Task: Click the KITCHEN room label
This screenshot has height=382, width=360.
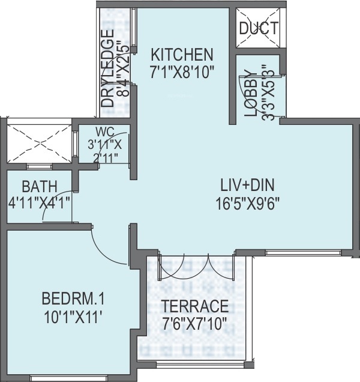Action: click(182, 55)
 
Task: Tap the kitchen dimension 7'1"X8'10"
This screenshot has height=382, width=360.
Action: click(182, 72)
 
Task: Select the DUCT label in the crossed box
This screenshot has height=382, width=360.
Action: click(259, 28)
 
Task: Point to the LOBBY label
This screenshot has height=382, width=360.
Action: click(251, 93)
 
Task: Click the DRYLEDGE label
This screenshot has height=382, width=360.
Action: click(107, 68)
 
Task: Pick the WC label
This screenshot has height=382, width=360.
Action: click(105, 132)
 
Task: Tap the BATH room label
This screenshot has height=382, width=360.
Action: click(40, 187)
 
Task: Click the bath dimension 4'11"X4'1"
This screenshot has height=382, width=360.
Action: click(39, 202)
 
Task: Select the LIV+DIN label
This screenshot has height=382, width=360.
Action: click(247, 185)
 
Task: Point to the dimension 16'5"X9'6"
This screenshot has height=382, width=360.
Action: click(247, 204)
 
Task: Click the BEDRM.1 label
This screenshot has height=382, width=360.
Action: click(73, 299)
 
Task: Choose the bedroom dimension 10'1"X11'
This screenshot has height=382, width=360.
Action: click(73, 317)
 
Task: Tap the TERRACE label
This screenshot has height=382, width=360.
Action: click(195, 306)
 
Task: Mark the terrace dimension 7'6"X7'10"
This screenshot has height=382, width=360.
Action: click(195, 324)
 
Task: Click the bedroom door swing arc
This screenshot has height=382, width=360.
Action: click(101, 253)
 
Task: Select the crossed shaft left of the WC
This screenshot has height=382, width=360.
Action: click(39, 144)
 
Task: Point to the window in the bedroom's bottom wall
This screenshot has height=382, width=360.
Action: click(68, 378)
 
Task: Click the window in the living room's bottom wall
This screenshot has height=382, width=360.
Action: click(303, 253)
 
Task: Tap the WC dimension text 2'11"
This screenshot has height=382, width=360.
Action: click(106, 159)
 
